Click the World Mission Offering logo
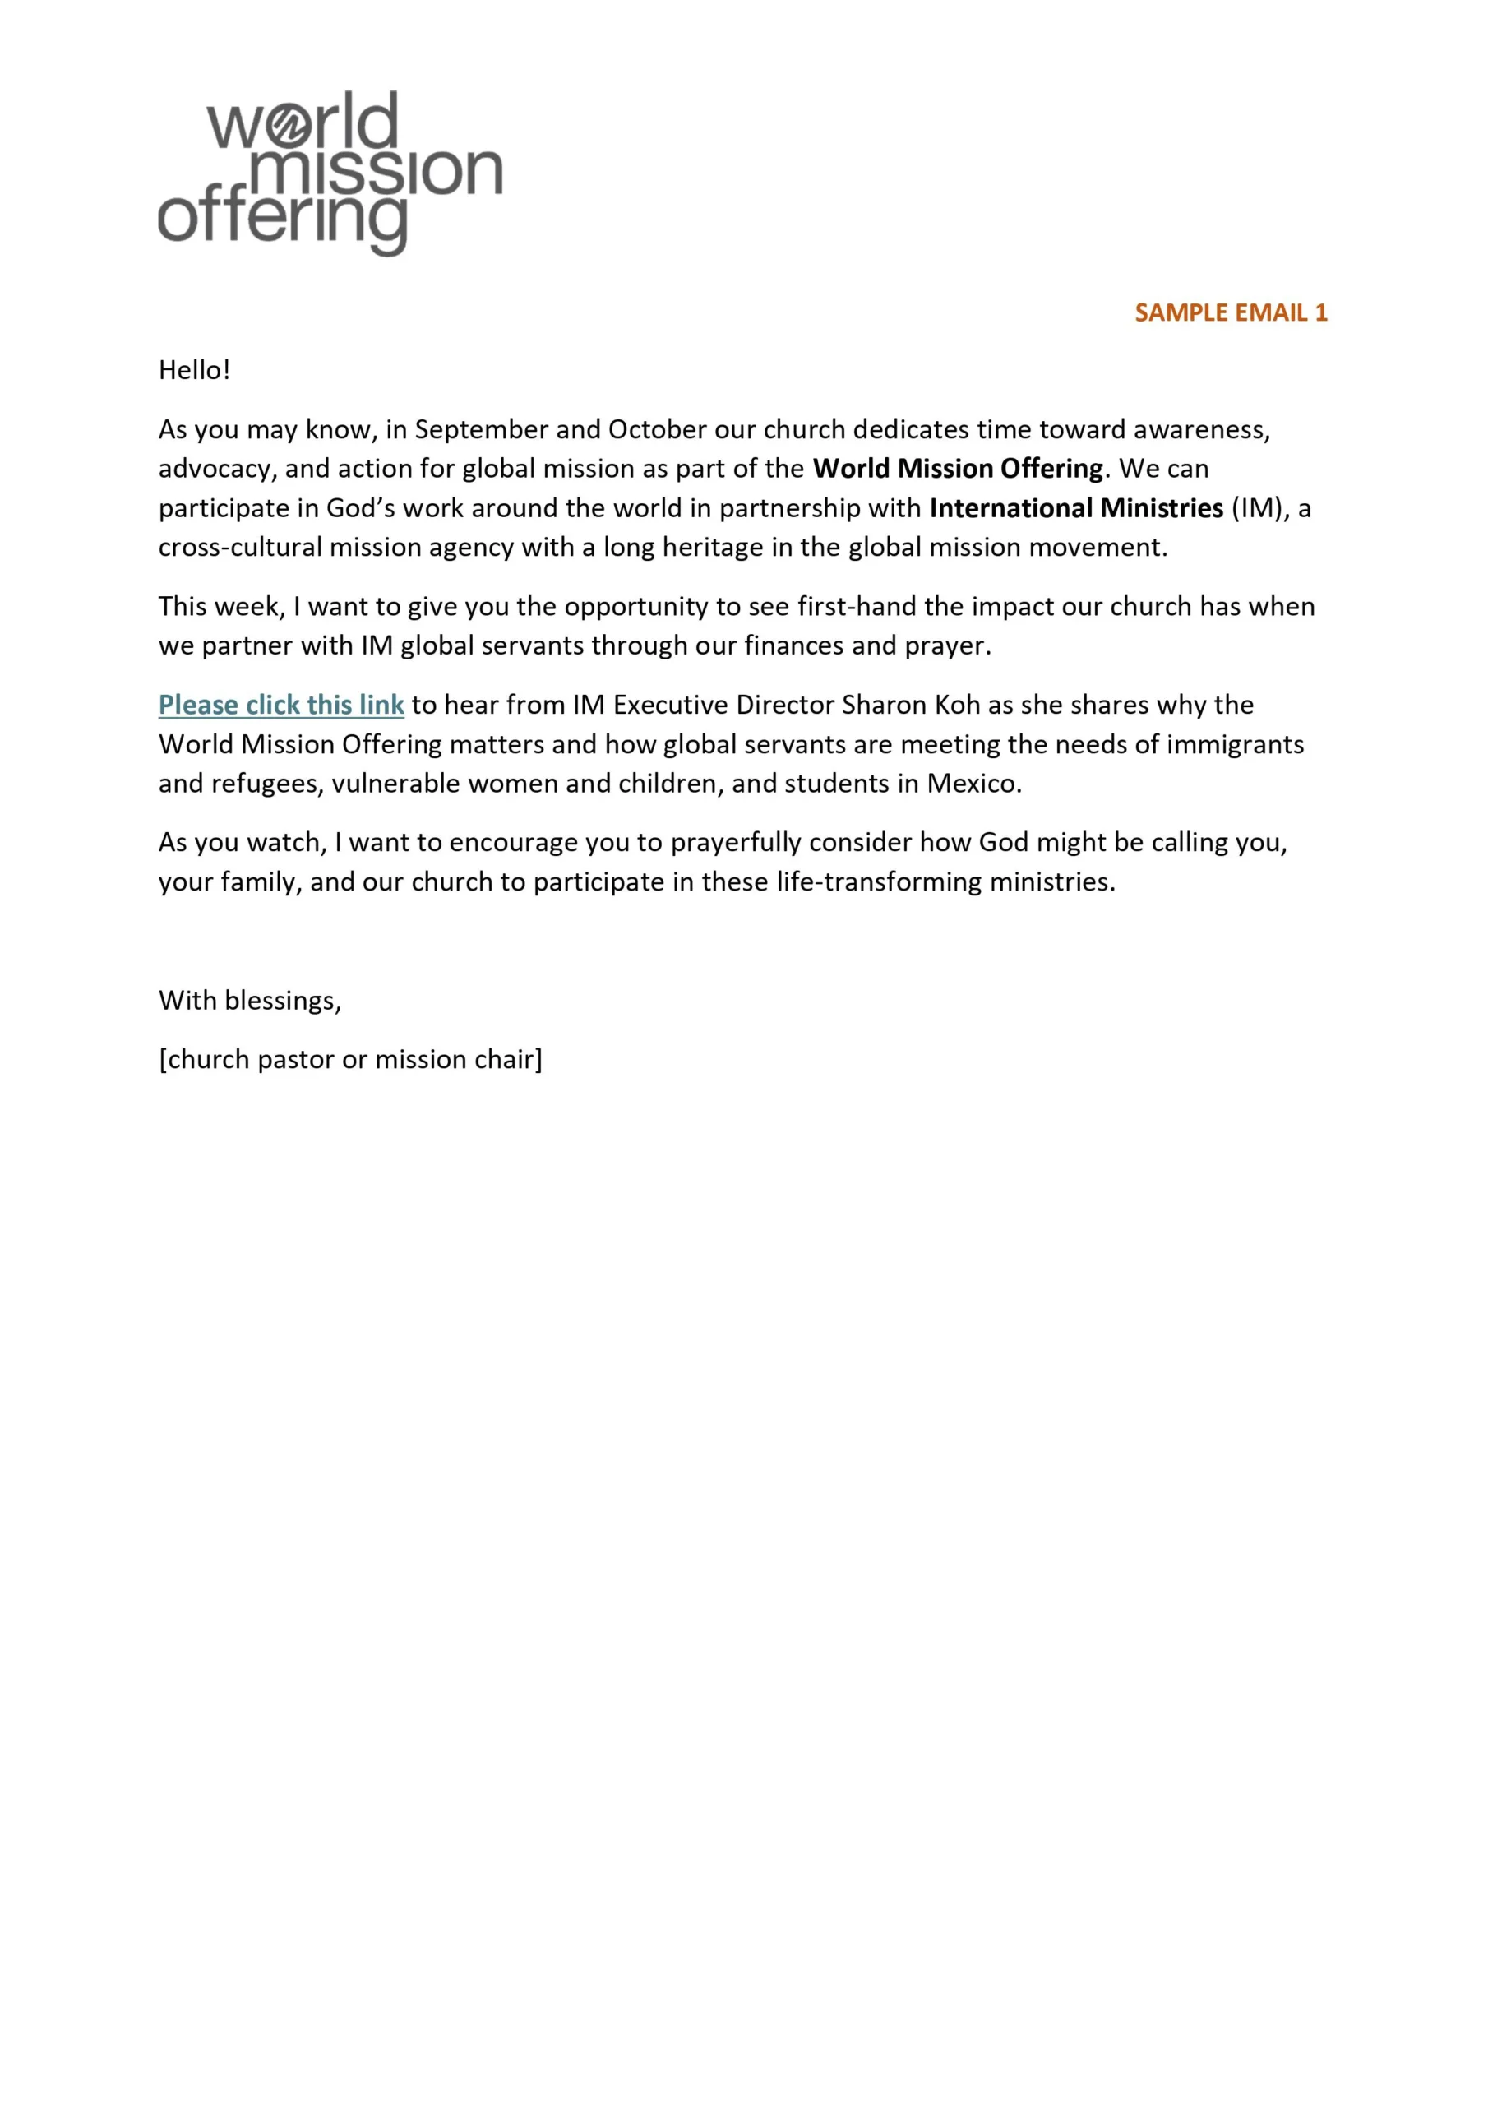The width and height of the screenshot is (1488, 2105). coord(330,173)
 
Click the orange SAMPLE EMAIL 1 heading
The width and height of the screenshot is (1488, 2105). coord(1231,312)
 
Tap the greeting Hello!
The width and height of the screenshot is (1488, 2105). coord(194,370)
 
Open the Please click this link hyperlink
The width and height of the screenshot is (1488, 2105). coord(281,705)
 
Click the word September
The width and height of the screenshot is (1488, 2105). coord(481,430)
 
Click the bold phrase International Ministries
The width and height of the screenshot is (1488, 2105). coord(1076,508)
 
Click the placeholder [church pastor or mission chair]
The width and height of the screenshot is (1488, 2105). coord(350,1060)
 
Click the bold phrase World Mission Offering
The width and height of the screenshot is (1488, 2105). coord(957,469)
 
